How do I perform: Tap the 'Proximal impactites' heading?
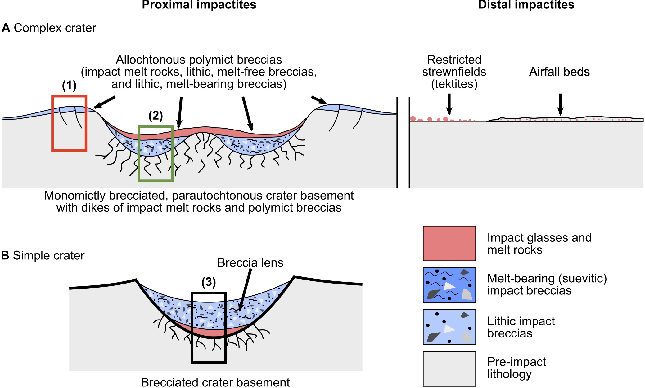tap(199, 5)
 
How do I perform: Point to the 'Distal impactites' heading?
tap(526, 5)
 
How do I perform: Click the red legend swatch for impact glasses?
tap(449, 243)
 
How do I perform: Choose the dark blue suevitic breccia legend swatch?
tap(449, 285)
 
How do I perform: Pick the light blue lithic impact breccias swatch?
tap(449, 327)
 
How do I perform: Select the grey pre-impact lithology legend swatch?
tap(449, 368)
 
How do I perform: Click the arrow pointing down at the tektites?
tap(449, 104)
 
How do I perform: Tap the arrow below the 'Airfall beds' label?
tap(560, 104)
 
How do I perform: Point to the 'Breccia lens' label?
tap(250, 263)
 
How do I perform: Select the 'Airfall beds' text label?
tap(559, 72)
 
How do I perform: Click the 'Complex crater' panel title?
tap(55, 28)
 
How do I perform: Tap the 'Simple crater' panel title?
tap(48, 256)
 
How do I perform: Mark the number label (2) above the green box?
tap(156, 116)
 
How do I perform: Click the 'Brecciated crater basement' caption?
tap(215, 382)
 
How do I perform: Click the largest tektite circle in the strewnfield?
tap(413, 119)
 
